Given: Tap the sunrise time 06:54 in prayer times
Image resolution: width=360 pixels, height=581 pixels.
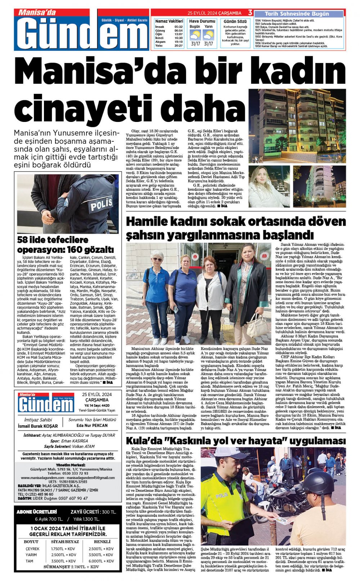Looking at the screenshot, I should point(178,31).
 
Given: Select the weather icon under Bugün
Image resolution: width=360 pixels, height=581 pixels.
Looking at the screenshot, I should point(195,35).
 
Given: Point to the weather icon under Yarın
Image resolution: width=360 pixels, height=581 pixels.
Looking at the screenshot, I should point(208,35).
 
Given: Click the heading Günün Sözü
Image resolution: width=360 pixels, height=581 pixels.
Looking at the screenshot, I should point(235,22).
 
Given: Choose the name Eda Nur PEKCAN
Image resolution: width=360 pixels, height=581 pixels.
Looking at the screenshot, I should point(92,425).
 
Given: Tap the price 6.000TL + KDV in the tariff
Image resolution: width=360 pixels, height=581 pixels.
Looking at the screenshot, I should point(101,561).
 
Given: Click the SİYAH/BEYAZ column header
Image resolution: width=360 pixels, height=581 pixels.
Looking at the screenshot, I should point(65,542).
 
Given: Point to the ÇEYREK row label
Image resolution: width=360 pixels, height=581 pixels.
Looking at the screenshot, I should point(32,549).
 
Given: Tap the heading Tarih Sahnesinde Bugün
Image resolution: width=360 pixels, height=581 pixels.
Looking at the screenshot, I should point(297,14).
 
